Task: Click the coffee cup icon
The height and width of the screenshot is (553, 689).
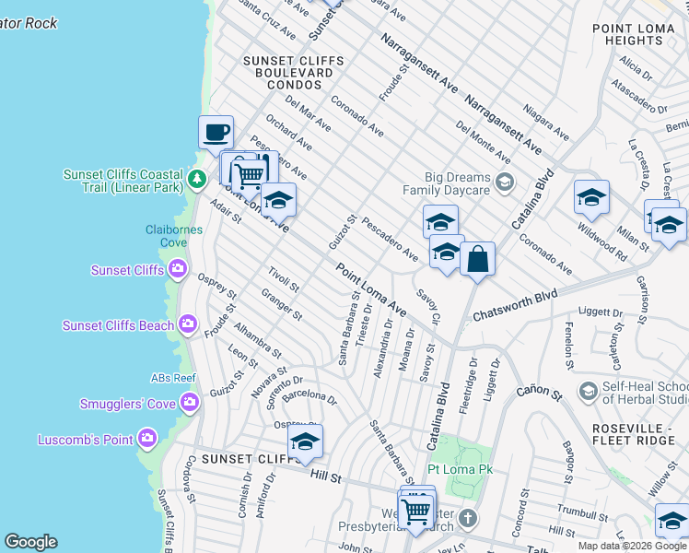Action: (x=216, y=132)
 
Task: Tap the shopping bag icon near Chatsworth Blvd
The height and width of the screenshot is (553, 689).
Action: (x=478, y=259)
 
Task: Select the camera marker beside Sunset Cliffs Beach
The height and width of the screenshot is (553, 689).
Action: (x=188, y=324)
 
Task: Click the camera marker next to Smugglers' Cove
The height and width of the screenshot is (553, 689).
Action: (x=190, y=401)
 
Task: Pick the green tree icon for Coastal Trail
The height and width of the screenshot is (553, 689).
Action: (x=195, y=177)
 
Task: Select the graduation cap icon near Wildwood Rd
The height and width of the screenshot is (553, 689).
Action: (x=591, y=197)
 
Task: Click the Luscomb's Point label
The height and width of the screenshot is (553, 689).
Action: (x=86, y=440)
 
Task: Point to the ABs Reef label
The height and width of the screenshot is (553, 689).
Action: (x=173, y=378)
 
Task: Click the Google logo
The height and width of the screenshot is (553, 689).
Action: (x=30, y=542)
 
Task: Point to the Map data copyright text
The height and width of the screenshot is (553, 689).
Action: (x=632, y=546)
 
